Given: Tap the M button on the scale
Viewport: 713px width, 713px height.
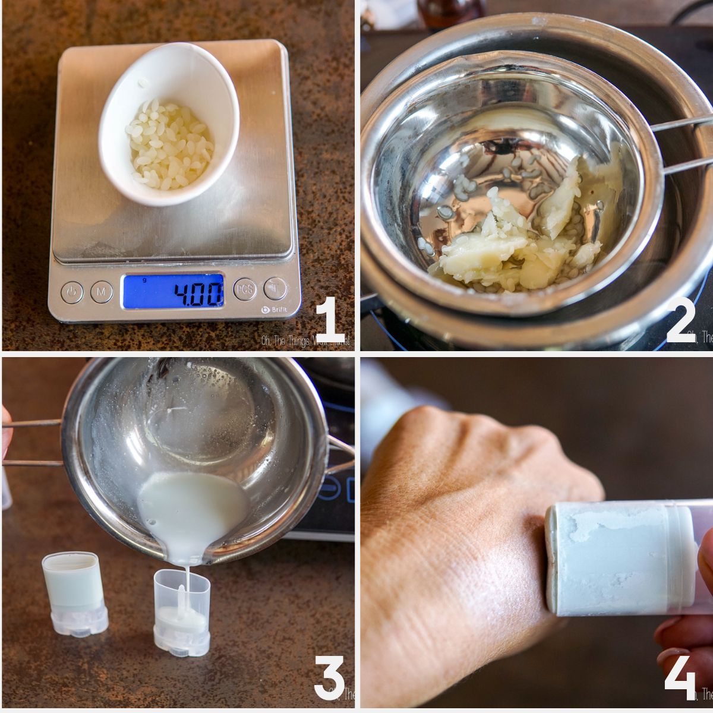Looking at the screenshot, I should pos(102,292).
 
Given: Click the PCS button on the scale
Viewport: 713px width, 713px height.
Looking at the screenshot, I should pos(245,289).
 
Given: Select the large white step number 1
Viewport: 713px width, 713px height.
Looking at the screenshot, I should pos(330,321).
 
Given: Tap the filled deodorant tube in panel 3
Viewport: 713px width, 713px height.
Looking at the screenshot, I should pos(74,593).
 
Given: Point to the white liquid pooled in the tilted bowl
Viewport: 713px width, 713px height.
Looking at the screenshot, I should pos(193,514).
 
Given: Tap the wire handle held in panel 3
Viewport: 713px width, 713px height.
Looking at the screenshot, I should pos(33,443).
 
